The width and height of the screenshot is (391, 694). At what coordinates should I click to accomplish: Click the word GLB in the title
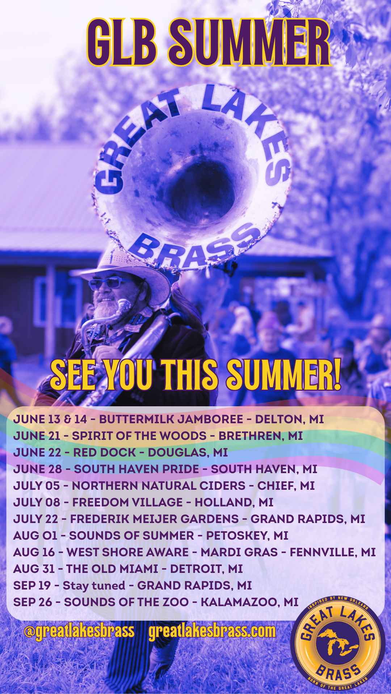[122, 43]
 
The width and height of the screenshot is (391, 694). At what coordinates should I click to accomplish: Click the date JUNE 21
[37, 436]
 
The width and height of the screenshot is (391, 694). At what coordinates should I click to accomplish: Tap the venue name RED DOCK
[105, 453]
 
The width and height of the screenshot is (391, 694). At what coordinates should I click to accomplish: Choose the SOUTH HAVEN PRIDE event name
[136, 469]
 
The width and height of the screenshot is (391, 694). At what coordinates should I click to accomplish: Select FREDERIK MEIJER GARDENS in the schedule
[155, 519]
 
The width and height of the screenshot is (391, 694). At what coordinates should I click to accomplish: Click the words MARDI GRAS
[239, 552]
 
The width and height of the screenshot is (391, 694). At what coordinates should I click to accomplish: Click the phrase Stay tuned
[94, 586]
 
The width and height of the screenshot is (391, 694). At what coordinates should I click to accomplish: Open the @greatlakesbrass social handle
[79, 631]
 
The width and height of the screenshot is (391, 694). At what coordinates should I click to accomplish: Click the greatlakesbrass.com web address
[212, 631]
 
